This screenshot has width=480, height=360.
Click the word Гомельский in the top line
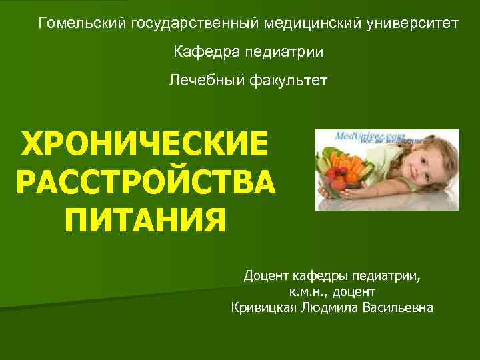83,23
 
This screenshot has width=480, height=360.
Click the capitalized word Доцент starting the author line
266,275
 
